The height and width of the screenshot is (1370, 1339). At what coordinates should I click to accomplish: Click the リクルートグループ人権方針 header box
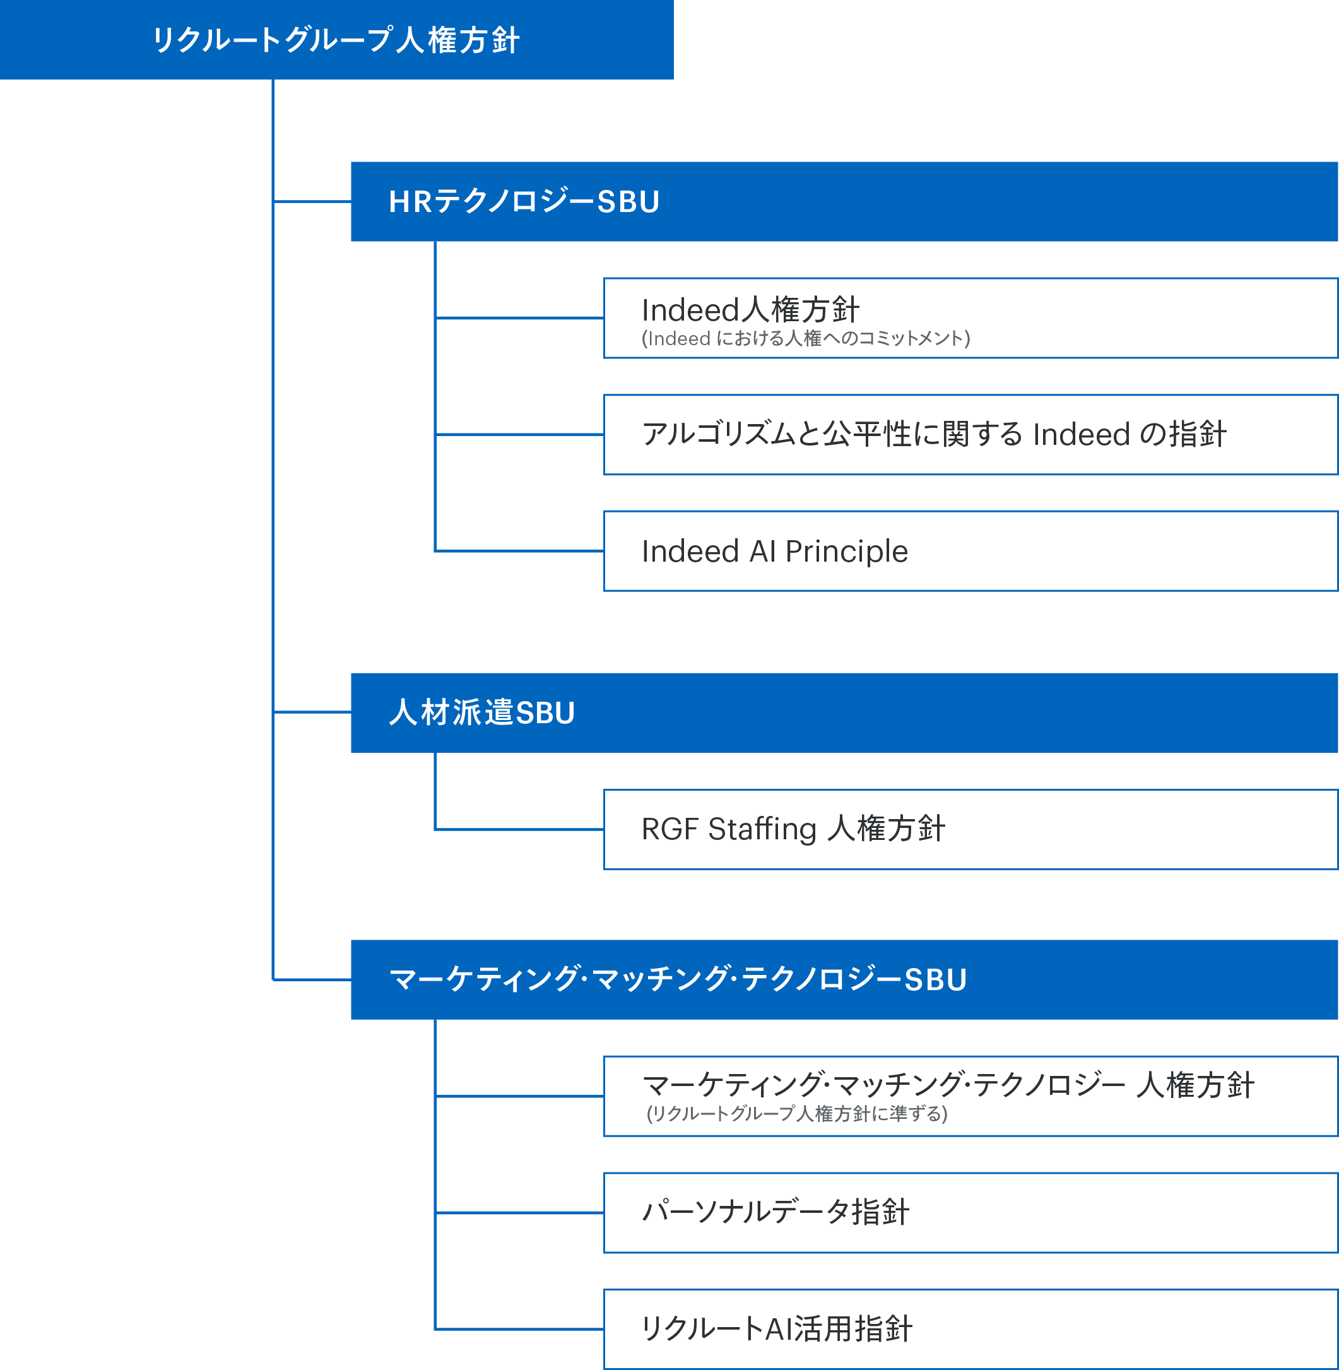336,39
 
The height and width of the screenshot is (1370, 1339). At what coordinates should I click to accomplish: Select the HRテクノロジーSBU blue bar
844,202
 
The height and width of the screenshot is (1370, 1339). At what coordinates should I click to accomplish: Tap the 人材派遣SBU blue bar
844,712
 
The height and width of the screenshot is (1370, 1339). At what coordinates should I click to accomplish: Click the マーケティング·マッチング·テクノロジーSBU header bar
844,979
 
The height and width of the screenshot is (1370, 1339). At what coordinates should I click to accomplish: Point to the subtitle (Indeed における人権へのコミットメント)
805,339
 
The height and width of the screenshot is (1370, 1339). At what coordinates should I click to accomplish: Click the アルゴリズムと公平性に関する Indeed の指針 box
970,435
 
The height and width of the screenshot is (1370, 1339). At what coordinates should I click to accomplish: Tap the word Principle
847,552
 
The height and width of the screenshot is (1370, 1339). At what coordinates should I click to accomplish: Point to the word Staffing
762,829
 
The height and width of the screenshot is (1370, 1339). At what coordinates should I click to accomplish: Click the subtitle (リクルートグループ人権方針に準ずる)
797,1114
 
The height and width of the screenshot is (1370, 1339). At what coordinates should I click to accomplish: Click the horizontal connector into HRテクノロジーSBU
312,202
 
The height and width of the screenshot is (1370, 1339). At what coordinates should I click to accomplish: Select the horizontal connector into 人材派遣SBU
312,712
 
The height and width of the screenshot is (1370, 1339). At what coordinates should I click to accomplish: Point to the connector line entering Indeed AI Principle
519,551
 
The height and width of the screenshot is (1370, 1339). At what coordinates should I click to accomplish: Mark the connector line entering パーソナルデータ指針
519,1212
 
